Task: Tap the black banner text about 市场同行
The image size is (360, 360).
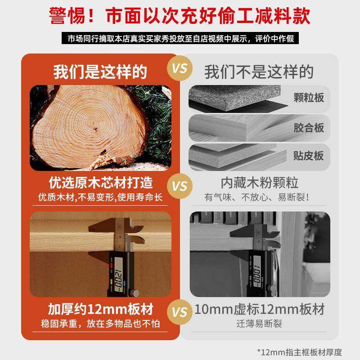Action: coord(180,39)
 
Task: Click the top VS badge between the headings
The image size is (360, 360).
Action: coord(180,70)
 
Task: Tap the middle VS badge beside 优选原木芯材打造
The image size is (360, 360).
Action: coord(180,186)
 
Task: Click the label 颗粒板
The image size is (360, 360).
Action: coord(308,97)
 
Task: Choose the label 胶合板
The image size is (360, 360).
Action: coord(308,128)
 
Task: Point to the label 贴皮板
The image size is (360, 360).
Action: coord(308,156)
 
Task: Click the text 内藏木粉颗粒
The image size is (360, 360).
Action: coord(260,184)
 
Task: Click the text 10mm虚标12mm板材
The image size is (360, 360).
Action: coord(260,310)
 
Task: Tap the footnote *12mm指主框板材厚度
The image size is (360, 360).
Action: coord(299,351)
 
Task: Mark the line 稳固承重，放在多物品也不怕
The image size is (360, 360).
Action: coord(100,323)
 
